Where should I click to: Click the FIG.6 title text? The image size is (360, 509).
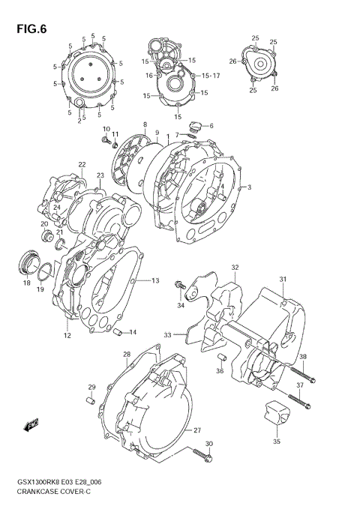pos(29,30)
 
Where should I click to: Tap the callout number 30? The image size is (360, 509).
pos(208,445)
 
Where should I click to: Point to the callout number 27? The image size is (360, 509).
pos(197,430)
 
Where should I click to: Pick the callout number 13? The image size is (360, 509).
pos(155,281)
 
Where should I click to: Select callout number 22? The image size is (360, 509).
pos(82,164)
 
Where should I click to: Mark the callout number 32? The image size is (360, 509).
pos(234,267)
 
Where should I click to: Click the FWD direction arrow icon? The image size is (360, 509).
pos(32,426)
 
